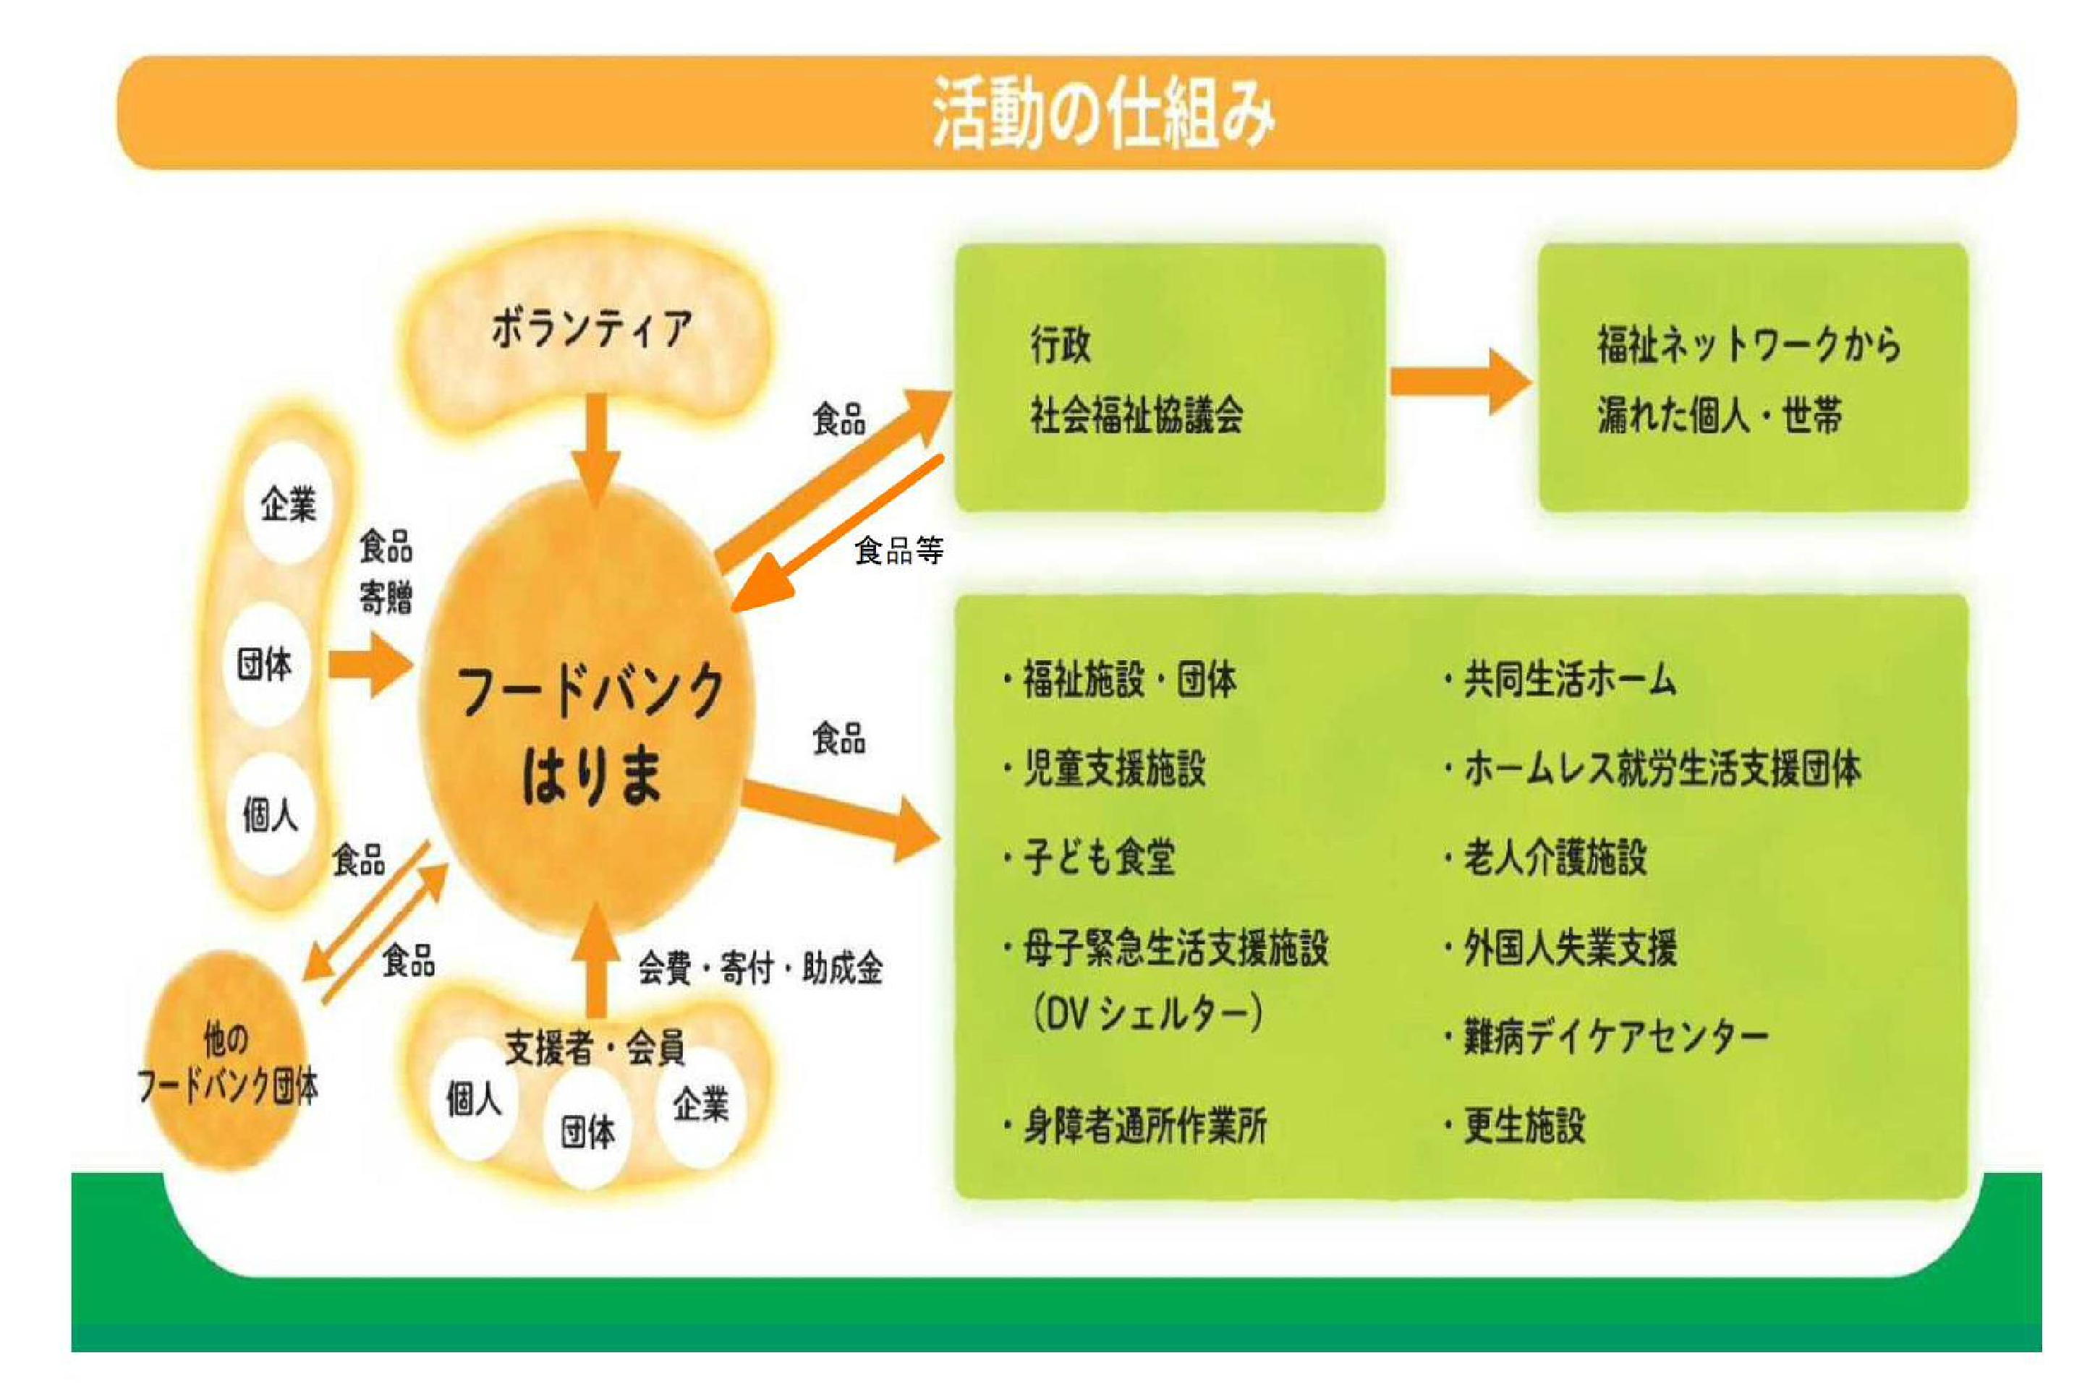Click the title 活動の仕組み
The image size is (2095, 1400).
tap(1104, 114)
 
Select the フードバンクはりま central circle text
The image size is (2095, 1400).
tap(590, 732)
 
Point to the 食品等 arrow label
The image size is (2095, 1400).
tap(898, 551)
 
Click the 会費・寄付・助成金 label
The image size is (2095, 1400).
tap(760, 968)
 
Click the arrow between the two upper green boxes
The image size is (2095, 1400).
tap(1459, 382)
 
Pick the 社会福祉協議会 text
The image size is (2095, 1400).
tap(1136, 415)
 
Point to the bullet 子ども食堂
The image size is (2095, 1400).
tap(1098, 857)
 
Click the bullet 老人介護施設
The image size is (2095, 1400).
tap(1554, 857)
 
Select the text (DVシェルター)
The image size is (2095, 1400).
tap(1147, 1015)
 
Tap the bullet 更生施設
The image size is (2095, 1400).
tap(1524, 1126)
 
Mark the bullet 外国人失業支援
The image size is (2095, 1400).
tap(1569, 948)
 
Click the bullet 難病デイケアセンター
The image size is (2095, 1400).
tap(1615, 1036)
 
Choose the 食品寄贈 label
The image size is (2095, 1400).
tap(386, 571)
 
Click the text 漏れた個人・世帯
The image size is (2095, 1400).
tap(1719, 415)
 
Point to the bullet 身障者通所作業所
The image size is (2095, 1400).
tap(1144, 1126)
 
